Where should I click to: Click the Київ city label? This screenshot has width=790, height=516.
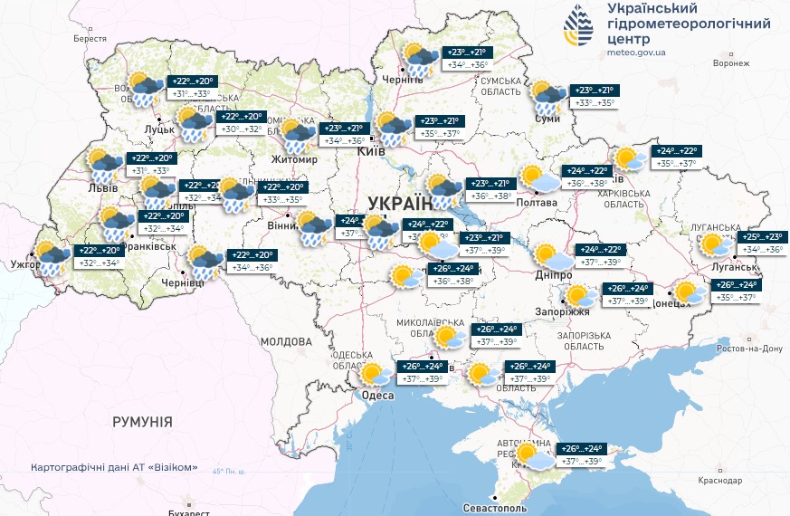371,151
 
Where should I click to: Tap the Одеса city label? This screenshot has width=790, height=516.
377,396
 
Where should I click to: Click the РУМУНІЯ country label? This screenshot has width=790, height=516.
142,422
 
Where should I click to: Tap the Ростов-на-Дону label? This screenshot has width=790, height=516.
747,348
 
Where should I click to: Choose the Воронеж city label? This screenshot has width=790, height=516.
731,63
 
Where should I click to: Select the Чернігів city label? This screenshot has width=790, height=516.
402,80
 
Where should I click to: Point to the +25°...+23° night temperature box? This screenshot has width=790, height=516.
762,237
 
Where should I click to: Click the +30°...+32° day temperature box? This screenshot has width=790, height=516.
241,129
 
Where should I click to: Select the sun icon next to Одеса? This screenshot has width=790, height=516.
372,373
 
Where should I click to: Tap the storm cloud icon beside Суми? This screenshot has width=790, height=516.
547,96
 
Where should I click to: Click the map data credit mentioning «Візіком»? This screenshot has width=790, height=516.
113,468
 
